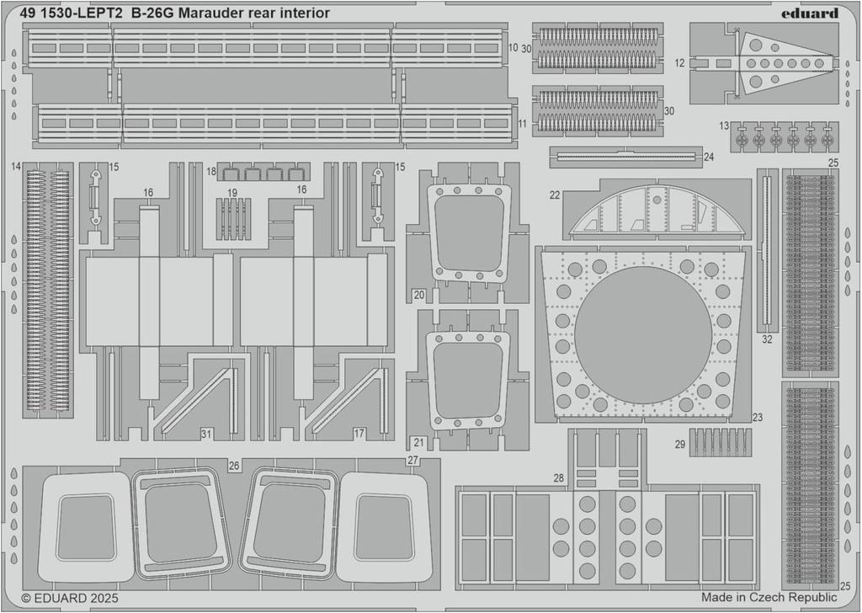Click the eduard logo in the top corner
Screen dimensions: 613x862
click(809, 13)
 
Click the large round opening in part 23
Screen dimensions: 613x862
click(643, 334)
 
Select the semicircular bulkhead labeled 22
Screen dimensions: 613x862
click(656, 211)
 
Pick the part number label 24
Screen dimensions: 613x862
click(709, 157)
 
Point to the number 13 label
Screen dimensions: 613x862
click(724, 125)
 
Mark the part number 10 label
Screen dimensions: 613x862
click(513, 48)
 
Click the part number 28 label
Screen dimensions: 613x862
click(558, 478)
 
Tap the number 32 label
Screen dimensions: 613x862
click(766, 339)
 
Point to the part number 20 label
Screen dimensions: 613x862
click(418, 295)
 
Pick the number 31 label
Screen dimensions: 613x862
click(206, 434)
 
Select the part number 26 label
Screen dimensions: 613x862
click(234, 465)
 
